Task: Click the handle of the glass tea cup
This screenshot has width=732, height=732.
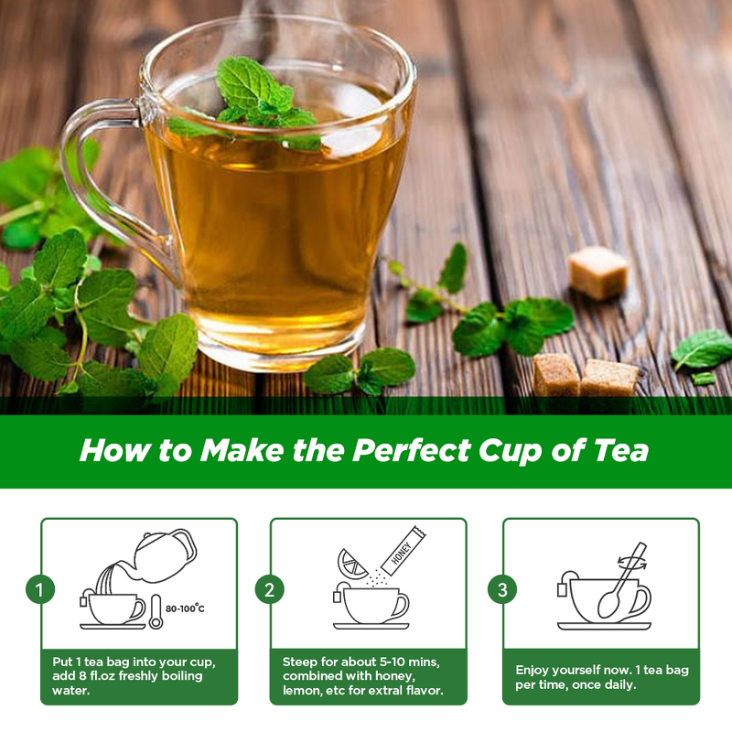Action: pos(91,174)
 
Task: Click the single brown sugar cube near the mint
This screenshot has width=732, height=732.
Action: pos(598,272)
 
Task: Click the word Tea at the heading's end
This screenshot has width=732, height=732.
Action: pos(621,450)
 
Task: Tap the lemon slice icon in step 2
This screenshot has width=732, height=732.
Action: pos(352,562)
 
